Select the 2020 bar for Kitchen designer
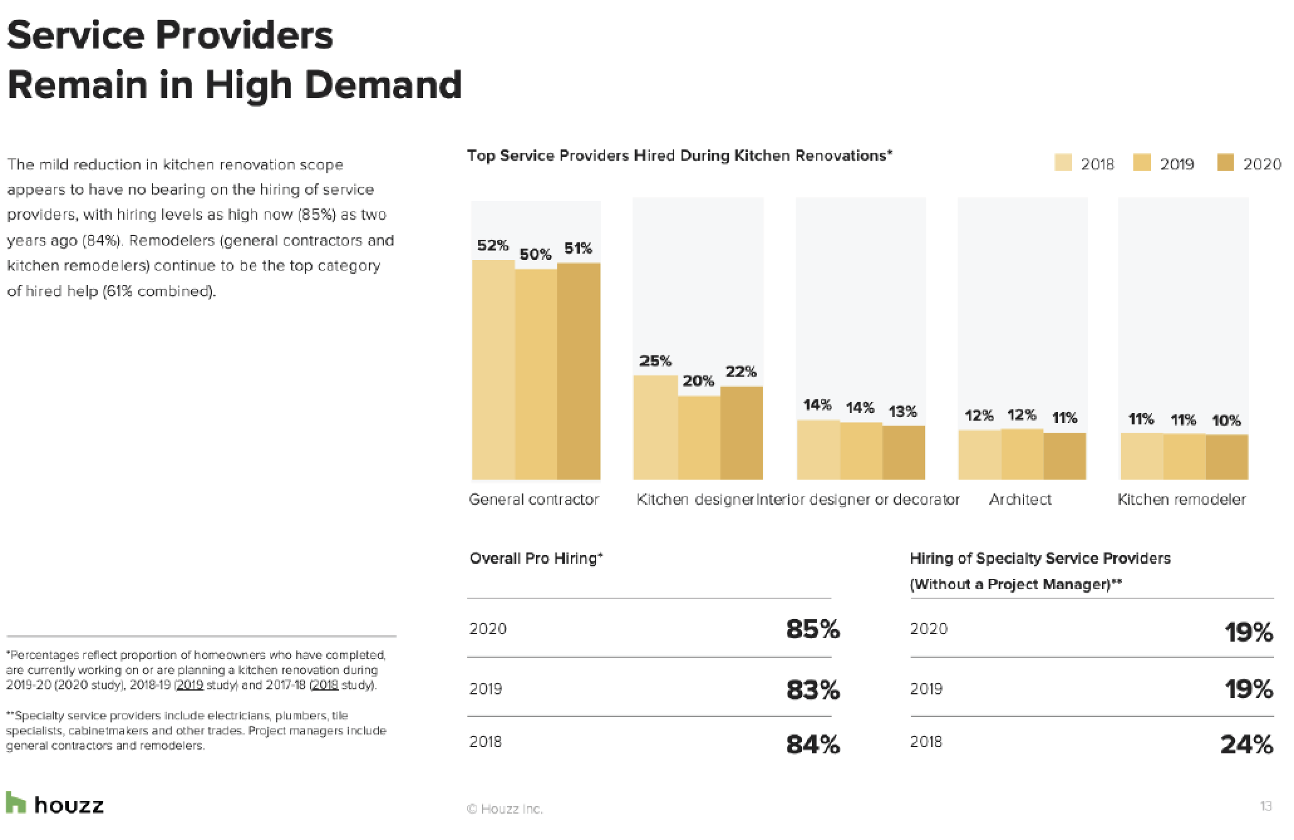click(742, 433)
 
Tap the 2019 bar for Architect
click(1022, 455)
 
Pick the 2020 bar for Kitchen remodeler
click(1227, 457)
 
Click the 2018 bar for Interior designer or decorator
click(818, 450)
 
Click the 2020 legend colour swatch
click(1226, 164)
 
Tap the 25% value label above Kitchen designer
click(655, 361)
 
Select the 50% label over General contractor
click(535, 254)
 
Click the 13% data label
click(903, 412)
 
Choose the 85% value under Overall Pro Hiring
click(813, 629)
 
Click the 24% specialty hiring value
click(1246, 745)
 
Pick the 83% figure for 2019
click(813, 690)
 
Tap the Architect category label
click(1020, 500)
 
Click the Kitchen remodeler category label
click(1182, 500)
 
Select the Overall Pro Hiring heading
click(536, 558)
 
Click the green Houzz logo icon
click(16, 803)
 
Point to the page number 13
click(1265, 806)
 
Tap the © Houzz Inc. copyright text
click(505, 809)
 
